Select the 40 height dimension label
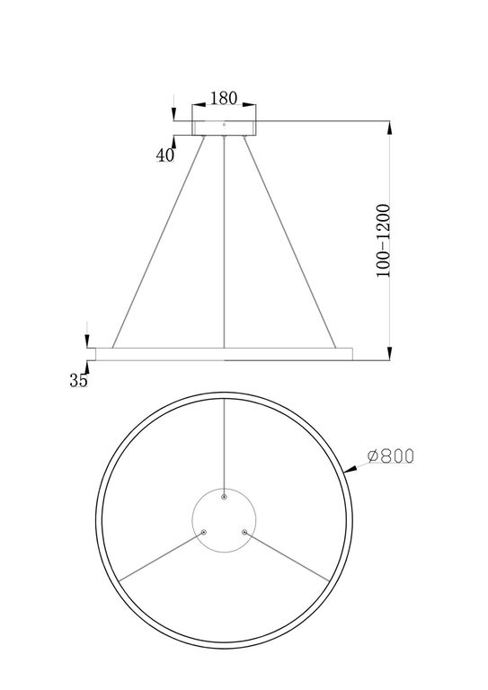[164, 155]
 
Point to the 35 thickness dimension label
[78, 380]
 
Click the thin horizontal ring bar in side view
[224, 353]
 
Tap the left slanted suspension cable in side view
[158, 242]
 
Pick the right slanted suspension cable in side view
[289, 242]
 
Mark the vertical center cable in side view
[224, 242]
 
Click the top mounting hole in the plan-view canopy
[224, 495]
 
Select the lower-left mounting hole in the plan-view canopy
[204, 531]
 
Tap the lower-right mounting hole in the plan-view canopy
[244, 531]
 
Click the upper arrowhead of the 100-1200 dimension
[388, 128]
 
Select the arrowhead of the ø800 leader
[355, 470]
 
